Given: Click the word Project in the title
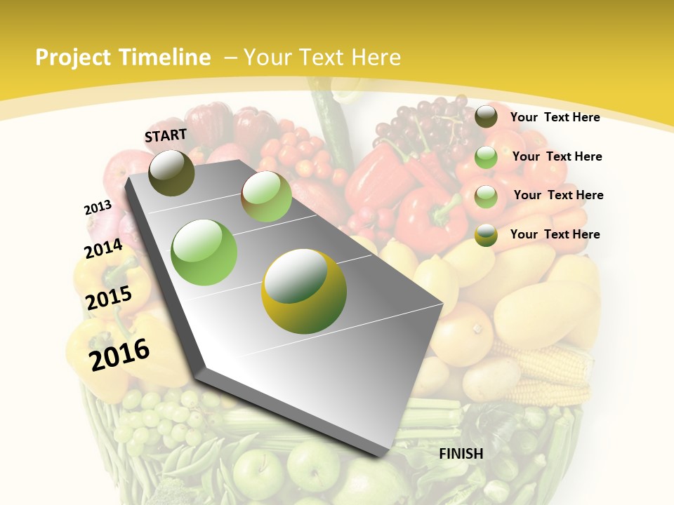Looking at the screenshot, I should (x=74, y=58).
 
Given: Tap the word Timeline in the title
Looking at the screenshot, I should (x=165, y=58).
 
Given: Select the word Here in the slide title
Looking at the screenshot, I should (x=376, y=58).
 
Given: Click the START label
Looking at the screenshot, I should (x=166, y=135).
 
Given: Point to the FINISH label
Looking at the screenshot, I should (x=461, y=454).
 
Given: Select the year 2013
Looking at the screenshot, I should (x=98, y=208).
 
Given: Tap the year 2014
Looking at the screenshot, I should (x=103, y=248).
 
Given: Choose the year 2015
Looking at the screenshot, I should (x=109, y=298).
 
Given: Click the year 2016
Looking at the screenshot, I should (x=119, y=354).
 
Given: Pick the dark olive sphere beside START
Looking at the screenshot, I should (x=171, y=173).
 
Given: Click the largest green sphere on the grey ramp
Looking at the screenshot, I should (x=204, y=252).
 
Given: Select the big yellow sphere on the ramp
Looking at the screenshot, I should (x=304, y=291).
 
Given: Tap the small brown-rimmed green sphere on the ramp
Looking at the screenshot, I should (x=266, y=196).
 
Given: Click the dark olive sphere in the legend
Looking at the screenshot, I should (x=486, y=117).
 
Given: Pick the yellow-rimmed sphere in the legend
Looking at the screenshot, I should (x=486, y=235).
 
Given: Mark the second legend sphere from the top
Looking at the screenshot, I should (x=486, y=157).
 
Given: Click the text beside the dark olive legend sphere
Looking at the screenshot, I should (x=555, y=117).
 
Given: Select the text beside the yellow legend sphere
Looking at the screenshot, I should (x=555, y=234).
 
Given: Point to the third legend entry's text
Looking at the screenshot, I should (x=558, y=195).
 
